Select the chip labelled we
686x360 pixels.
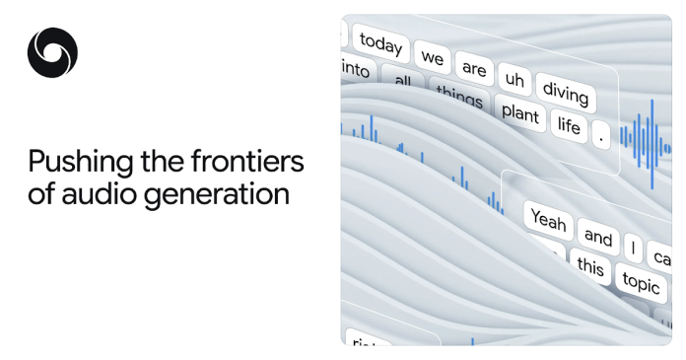[433, 58]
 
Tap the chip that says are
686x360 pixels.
[474, 69]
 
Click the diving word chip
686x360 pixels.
[565, 94]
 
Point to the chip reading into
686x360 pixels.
[355, 70]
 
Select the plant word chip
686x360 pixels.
[519, 113]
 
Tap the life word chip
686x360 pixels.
[569, 125]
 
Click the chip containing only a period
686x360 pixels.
[601, 137]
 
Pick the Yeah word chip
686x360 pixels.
[548, 220]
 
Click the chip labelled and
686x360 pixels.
[598, 237]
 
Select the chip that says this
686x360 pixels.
[589, 266]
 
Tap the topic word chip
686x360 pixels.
[641, 283]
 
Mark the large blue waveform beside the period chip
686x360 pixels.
[647, 143]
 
